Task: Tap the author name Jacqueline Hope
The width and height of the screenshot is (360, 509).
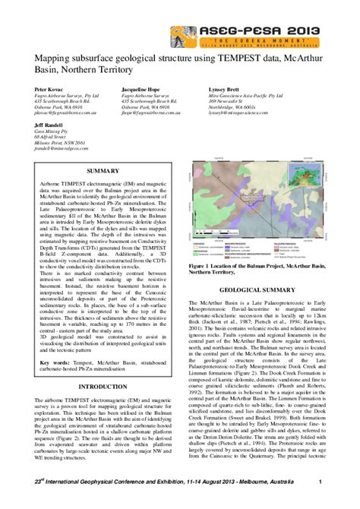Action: click(142, 89)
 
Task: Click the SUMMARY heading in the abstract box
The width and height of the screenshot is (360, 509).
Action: click(104, 171)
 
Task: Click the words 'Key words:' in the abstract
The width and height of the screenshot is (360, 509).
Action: click(58, 362)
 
